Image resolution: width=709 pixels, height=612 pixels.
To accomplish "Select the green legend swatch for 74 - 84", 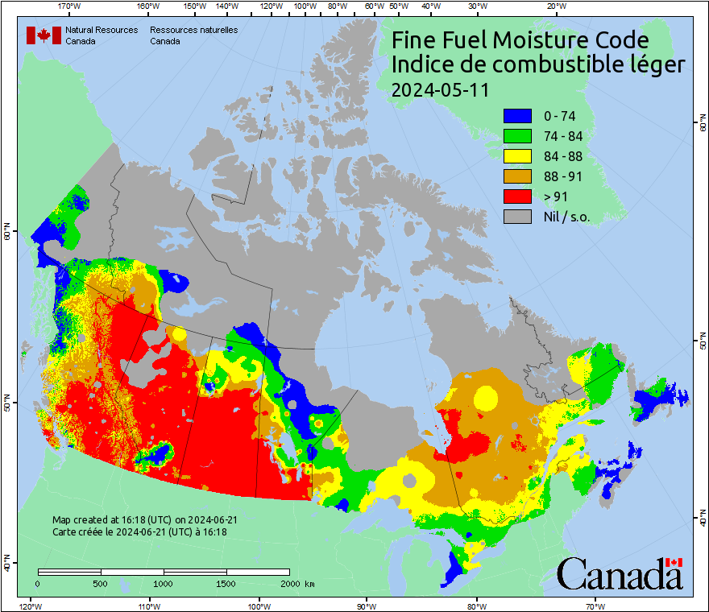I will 517,137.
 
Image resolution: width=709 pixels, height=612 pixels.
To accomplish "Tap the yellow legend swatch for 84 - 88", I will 517,157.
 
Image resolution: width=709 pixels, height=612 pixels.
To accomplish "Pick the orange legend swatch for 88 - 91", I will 517,176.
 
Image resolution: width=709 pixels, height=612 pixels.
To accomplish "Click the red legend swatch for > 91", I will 517,196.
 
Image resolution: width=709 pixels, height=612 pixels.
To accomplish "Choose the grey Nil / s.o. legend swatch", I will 517,217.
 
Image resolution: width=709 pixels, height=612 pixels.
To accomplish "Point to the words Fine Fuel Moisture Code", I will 520,40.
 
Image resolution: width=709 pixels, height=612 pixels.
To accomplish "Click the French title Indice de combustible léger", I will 537,65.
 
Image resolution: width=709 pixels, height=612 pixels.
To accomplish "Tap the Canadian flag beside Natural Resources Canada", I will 44,35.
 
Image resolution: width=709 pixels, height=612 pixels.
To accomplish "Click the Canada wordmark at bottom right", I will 619,573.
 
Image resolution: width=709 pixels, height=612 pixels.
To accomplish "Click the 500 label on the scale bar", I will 101,583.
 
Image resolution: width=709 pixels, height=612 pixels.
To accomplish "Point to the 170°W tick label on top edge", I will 70,6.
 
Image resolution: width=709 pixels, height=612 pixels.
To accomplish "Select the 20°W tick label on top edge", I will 554,6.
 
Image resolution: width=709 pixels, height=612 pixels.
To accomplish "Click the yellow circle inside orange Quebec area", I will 486,397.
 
